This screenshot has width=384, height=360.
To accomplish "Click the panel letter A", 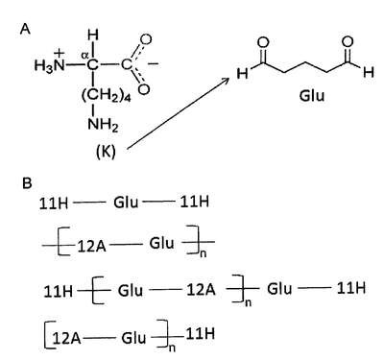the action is (x=25, y=29).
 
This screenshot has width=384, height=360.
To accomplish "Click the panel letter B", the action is (x=27, y=183).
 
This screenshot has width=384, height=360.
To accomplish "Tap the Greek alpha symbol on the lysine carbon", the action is (x=84, y=56).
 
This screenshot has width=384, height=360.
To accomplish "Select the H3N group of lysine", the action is (x=48, y=66).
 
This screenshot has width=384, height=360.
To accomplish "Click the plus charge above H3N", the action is (x=60, y=53).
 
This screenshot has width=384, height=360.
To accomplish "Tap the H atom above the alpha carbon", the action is (x=93, y=35).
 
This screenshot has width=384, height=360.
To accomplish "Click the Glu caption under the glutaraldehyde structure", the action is (x=312, y=96).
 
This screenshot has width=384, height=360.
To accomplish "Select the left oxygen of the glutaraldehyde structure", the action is (x=262, y=42).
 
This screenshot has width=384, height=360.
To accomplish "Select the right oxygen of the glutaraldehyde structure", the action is (x=348, y=42).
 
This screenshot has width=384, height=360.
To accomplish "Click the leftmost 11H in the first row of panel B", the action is (x=54, y=204).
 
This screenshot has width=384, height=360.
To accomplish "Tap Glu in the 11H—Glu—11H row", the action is (x=126, y=203).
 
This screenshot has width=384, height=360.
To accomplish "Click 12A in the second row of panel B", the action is (x=91, y=246).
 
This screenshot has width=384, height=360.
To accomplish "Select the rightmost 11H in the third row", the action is (x=351, y=289).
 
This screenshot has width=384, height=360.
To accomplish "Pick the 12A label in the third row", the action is (x=201, y=290).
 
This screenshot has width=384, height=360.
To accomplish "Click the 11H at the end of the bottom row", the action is (x=200, y=334).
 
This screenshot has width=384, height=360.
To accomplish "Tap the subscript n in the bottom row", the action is (x=172, y=348).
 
